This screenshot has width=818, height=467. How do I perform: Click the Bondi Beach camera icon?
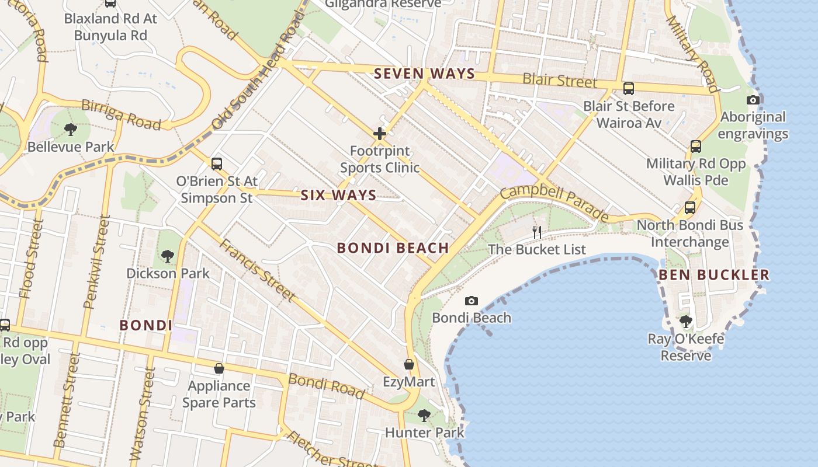(472, 301)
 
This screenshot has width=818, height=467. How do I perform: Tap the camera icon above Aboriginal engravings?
(753, 100)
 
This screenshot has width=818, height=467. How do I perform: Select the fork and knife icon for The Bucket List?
(537, 232)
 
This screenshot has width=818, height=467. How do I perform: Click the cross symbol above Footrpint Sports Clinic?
(380, 134)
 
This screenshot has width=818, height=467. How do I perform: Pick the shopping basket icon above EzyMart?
(409, 365)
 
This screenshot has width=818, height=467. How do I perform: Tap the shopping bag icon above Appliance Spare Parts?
(219, 368)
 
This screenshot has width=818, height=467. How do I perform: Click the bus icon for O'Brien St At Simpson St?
(217, 164)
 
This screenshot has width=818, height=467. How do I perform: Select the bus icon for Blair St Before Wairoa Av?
(629, 89)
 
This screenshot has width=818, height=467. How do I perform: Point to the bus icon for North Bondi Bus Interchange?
(690, 208)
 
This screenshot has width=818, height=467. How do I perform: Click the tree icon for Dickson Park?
(168, 256)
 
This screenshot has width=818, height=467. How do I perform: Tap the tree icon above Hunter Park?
(424, 416)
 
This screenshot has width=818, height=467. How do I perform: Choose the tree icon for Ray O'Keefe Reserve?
(686, 322)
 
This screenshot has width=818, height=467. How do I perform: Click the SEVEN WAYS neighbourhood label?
(425, 74)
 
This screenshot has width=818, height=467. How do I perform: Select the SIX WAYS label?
(338, 196)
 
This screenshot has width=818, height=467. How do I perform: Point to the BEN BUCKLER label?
(714, 275)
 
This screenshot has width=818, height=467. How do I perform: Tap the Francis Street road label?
(257, 270)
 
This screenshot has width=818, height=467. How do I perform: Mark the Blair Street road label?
(560, 80)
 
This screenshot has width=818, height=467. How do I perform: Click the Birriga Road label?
(121, 115)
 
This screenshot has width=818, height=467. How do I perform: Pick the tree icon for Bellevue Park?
(71, 129)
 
